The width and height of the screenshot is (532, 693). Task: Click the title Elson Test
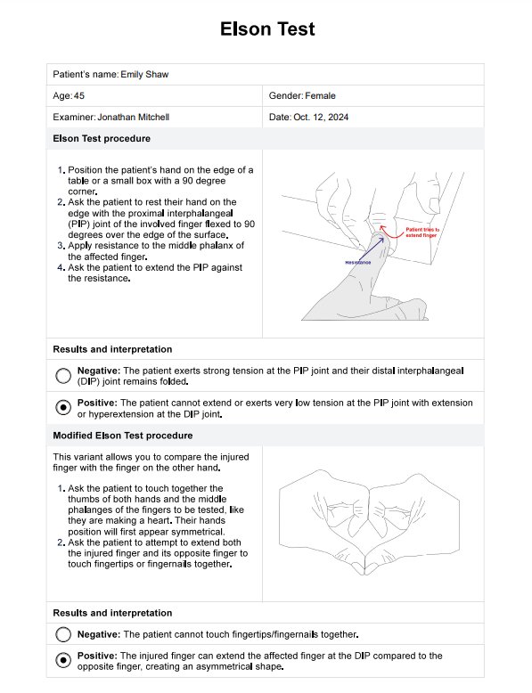click(267, 29)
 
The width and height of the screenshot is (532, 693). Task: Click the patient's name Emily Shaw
click(144, 74)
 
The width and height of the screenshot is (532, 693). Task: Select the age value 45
click(79, 96)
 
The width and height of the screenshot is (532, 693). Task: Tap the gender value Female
click(320, 96)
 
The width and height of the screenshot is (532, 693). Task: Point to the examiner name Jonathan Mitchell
click(133, 117)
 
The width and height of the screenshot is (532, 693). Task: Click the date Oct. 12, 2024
click(321, 117)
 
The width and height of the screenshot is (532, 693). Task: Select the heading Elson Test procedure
click(102, 138)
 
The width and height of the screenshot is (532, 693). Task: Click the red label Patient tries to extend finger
click(422, 232)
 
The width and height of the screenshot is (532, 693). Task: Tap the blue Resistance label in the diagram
click(357, 263)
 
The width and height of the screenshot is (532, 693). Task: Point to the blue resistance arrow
click(371, 249)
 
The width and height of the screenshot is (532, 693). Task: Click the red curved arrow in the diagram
click(390, 232)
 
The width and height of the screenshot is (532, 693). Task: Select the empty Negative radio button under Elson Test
click(63, 376)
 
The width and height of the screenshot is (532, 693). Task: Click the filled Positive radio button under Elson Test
click(63, 407)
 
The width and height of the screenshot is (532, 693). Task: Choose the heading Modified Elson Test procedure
click(123, 436)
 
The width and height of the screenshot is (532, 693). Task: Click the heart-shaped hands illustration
click(369, 522)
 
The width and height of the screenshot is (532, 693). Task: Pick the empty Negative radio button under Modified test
click(63, 635)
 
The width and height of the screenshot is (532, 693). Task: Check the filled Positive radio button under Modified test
click(63, 660)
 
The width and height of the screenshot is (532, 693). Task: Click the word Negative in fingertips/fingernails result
click(99, 635)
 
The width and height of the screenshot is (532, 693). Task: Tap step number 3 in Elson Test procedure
click(61, 246)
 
